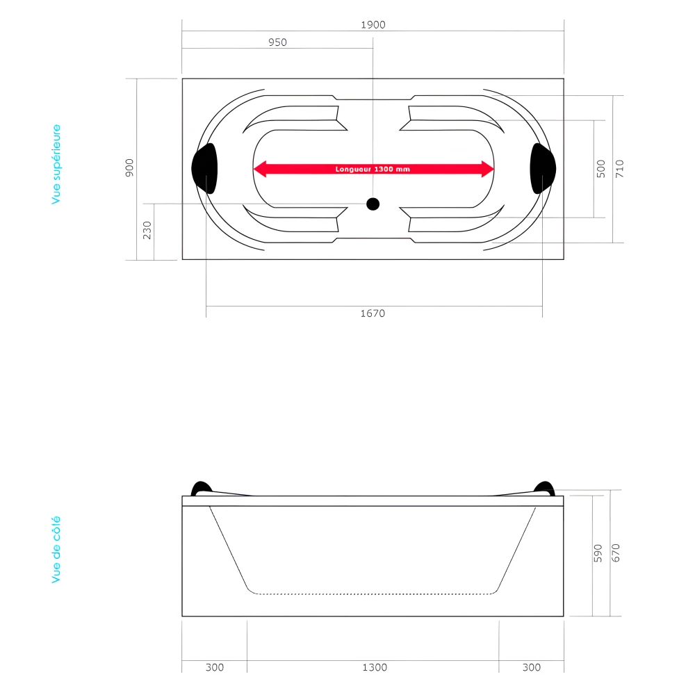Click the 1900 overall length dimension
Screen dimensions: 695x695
tap(373, 24)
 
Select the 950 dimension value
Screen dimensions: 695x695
tap(277, 42)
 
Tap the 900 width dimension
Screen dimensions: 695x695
tap(129, 169)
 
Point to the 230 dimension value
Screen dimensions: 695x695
tap(147, 231)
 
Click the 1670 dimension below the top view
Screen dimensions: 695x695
tap(373, 313)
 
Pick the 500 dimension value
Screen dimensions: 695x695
tap(601, 169)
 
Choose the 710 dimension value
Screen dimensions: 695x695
tap(619, 169)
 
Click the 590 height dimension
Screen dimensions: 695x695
tap(598, 553)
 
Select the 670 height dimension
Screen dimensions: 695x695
tap(615, 553)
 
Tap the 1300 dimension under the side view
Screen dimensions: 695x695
tap(375, 667)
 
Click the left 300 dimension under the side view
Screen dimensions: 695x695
tap(215, 667)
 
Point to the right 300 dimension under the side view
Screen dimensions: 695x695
tap(531, 667)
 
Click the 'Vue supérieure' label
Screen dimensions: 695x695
tap(56, 165)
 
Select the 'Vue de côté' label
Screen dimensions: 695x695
tap(56, 549)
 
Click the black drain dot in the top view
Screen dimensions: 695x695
tap(373, 204)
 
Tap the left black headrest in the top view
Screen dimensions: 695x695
tap(204, 168)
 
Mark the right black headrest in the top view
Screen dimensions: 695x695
tap(543, 168)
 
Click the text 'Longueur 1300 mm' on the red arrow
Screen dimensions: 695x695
tap(373, 169)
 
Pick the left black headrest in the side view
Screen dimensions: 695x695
tap(200, 488)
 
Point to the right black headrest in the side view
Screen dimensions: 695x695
tap(545, 488)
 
